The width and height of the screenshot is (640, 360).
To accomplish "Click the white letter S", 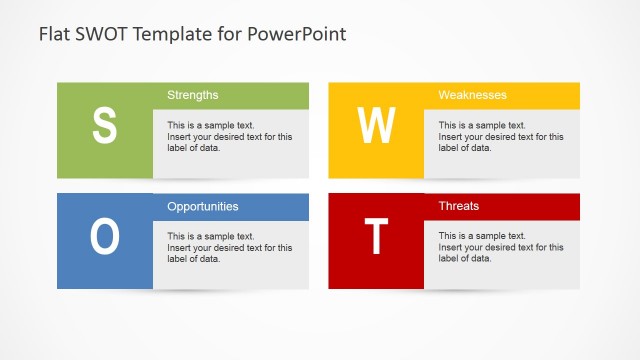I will (x=105, y=125).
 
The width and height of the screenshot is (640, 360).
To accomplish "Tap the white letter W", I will (x=376, y=125).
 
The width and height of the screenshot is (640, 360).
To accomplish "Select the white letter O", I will (x=105, y=236).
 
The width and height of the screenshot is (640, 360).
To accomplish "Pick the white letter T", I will (x=376, y=236).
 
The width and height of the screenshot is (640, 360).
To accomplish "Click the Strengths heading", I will (x=192, y=95).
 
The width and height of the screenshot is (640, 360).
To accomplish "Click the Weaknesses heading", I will (x=472, y=95).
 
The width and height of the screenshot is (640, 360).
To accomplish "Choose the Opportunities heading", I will (x=202, y=206).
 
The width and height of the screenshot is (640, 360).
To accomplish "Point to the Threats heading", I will (x=458, y=206).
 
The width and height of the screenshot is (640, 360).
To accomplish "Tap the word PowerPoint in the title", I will (x=296, y=34).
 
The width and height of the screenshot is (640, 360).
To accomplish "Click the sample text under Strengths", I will (x=229, y=137).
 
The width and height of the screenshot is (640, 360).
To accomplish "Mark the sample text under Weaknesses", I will (x=500, y=137).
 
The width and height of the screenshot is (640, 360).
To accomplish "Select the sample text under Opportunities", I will (x=229, y=248).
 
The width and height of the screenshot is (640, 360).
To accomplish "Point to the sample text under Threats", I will (x=500, y=248).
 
